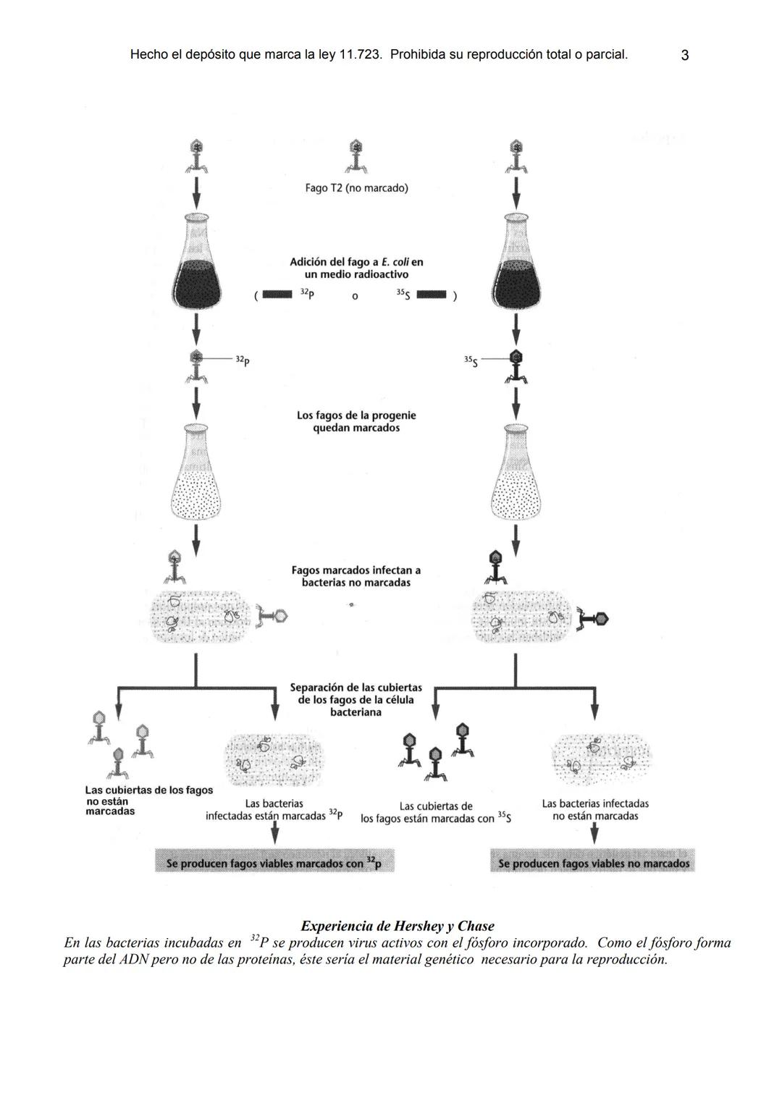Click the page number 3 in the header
[x=684, y=55]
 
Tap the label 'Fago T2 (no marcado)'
[x=356, y=188]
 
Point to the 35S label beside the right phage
[x=471, y=360]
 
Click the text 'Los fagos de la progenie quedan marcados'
[x=356, y=422]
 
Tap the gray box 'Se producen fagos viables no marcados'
[x=593, y=863]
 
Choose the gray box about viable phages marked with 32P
[x=275, y=863]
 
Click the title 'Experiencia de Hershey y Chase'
[x=398, y=926]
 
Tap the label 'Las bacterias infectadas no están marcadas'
[x=595, y=810]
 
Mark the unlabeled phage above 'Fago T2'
[x=356, y=156]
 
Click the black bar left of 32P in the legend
[x=277, y=295]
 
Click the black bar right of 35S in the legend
[x=432, y=295]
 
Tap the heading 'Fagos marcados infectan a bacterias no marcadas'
[x=356, y=577]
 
